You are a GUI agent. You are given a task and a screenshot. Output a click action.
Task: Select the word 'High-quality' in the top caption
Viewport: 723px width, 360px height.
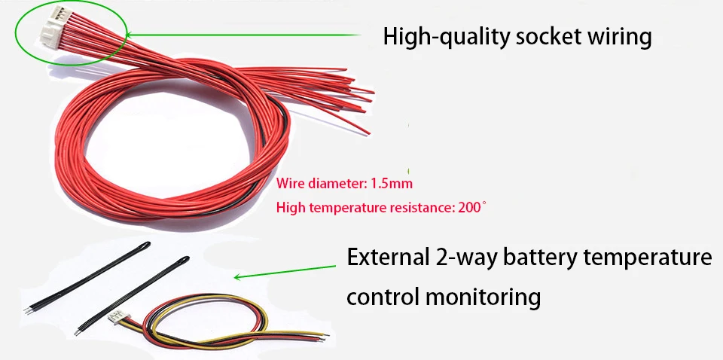[444, 36]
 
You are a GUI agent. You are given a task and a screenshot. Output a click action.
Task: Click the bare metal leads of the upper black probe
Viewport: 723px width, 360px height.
[28, 307]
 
